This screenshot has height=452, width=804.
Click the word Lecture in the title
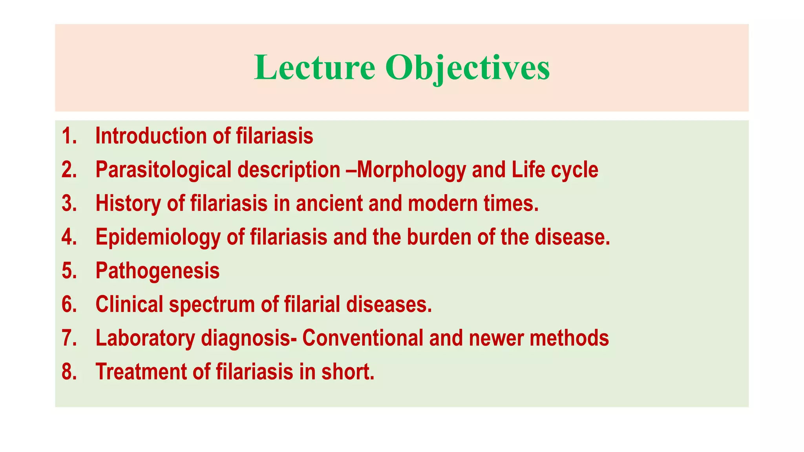click(314, 67)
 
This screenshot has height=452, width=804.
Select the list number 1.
click(69, 136)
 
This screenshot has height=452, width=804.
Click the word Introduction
click(151, 136)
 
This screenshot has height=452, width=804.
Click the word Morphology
click(411, 170)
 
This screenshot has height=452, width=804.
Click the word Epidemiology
click(158, 237)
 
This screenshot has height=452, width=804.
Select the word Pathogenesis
click(157, 271)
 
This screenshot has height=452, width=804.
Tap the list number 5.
click(69, 271)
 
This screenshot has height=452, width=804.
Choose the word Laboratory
click(145, 338)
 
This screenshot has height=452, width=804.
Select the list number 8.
click(69, 372)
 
